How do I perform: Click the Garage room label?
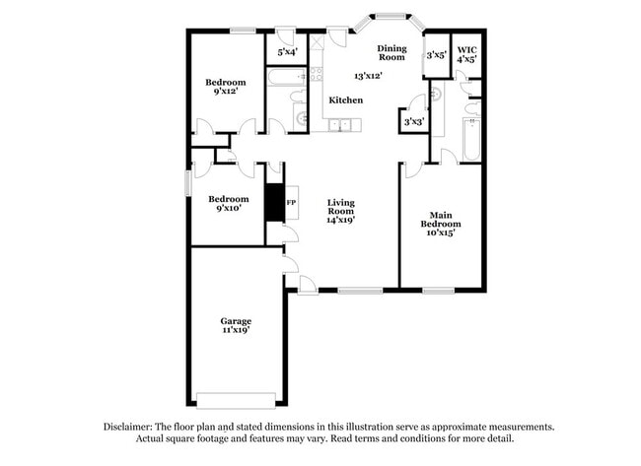(x=236, y=321)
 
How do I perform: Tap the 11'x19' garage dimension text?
(x=236, y=332)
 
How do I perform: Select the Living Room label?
(x=341, y=207)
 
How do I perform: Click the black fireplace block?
(x=274, y=203)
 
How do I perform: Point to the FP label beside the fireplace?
(x=291, y=203)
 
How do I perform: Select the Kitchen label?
(x=345, y=100)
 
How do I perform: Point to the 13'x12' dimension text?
(x=369, y=75)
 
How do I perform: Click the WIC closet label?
(x=466, y=48)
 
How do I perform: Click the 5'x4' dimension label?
(x=287, y=51)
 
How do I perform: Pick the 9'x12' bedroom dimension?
(x=225, y=93)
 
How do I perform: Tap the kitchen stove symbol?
(x=317, y=74)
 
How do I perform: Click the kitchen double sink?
(x=342, y=125)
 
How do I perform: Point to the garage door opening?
(x=236, y=400)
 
